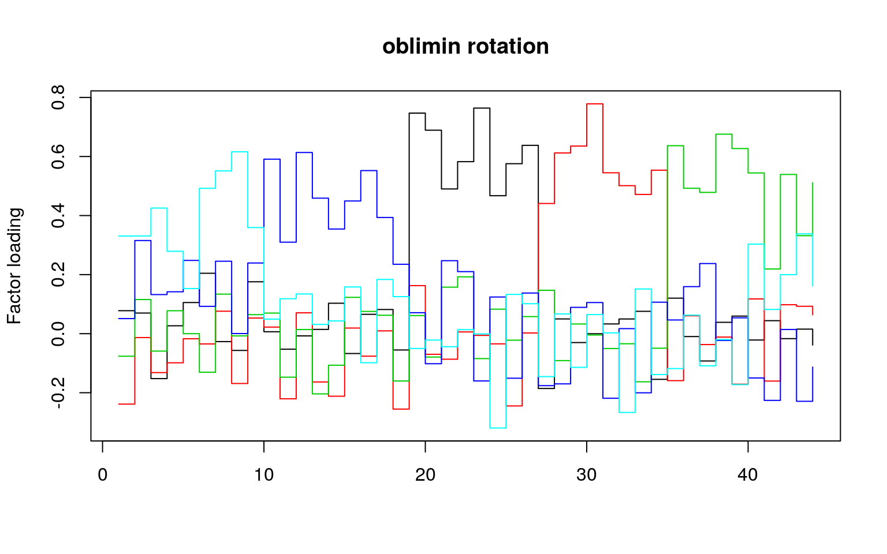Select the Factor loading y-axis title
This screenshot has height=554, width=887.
coord(14,266)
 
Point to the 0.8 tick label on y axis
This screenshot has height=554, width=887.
coord(58,98)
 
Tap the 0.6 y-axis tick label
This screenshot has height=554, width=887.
coord(58,157)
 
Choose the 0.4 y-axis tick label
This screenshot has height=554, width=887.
coord(58,216)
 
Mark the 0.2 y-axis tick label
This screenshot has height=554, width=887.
coord(58,275)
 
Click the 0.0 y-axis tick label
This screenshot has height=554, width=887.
coord(58,334)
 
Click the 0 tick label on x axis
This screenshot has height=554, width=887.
coord(102,476)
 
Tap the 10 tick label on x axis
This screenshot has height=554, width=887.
coord(264,476)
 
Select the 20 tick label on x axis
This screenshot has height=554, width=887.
coord(425,476)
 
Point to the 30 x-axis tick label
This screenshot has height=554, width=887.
coord(587,476)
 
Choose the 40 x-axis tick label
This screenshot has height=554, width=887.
coord(748,476)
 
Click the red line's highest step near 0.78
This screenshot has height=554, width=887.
coord(595,104)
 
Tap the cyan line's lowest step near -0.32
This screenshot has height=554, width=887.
coord(498,428)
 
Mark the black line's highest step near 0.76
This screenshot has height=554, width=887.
coord(482,108)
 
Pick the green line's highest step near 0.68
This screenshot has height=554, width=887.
coord(724,134)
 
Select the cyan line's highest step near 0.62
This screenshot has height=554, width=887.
coord(240,152)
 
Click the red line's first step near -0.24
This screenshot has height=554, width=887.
coord(126,404)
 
